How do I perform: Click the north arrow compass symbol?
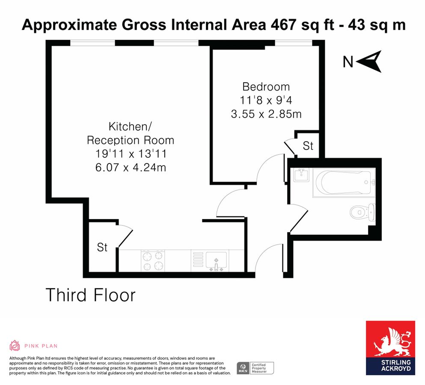point(369,62)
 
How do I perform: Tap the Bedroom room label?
point(266,87)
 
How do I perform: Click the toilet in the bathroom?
point(362,211)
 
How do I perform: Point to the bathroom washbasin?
point(302,175)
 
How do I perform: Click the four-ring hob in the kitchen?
point(153,261)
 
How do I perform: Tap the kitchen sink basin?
point(217,260)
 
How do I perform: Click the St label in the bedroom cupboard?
point(308,146)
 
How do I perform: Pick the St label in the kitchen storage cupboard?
point(102,247)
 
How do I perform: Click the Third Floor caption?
point(90,295)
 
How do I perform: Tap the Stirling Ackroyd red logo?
point(390,348)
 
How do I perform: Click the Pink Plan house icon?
point(15,346)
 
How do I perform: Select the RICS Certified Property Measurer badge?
point(255,367)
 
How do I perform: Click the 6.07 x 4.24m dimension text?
point(131,167)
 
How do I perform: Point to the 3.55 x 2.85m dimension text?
point(266,114)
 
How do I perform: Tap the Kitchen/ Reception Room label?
point(131,133)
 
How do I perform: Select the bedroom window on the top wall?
point(294,43)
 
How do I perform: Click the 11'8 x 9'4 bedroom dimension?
point(266,101)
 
